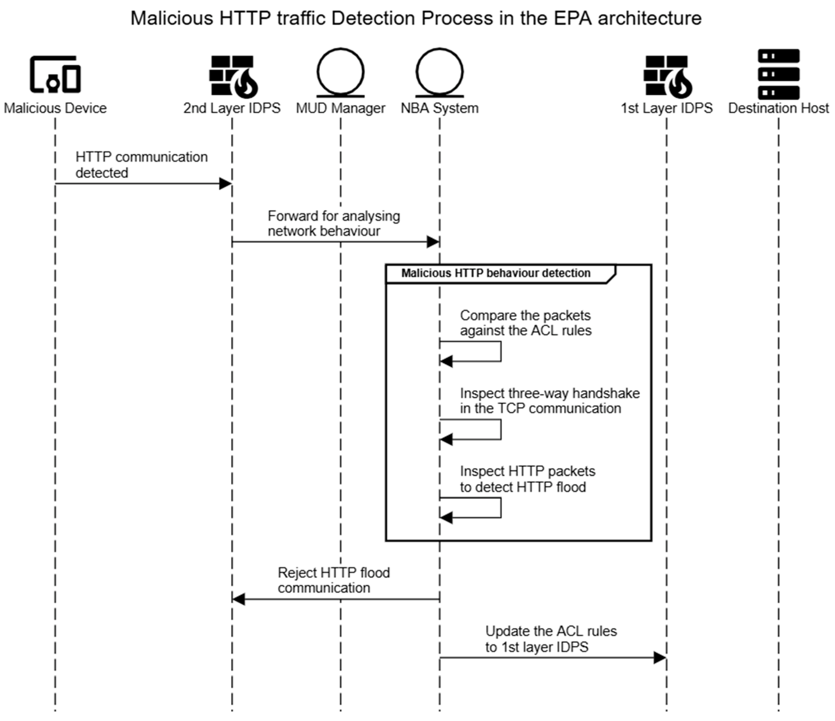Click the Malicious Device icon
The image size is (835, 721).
55,75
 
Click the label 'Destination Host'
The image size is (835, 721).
778,108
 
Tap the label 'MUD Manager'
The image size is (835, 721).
341,108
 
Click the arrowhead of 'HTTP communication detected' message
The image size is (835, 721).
225,184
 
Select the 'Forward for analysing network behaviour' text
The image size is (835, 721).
334,223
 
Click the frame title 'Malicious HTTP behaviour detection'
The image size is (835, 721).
496,273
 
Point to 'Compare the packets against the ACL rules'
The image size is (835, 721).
525,322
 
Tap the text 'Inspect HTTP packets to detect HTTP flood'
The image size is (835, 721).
527,479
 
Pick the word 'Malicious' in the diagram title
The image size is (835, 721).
172,18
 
